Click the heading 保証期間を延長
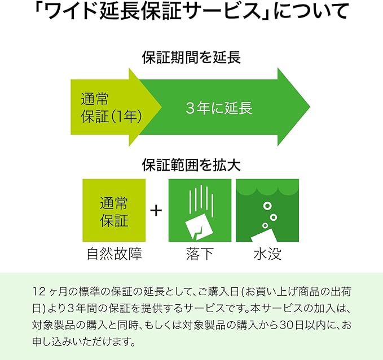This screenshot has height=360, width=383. [x=191, y=56]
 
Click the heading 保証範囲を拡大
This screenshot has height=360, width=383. [x=191, y=165]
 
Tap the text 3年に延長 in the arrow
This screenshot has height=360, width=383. [x=219, y=108]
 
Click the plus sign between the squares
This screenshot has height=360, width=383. [x=156, y=211]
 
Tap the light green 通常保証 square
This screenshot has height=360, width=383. [x=114, y=211]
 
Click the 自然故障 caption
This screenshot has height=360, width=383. [x=114, y=255]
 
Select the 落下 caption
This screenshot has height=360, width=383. [x=200, y=255]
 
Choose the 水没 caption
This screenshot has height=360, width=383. [x=267, y=255]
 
